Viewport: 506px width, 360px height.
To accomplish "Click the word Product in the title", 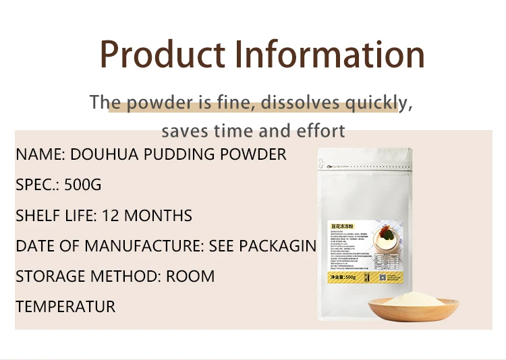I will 163,55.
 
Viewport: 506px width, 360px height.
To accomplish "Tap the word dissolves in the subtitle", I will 300,103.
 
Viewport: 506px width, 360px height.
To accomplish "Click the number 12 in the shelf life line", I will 111,216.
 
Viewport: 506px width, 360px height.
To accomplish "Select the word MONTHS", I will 159,216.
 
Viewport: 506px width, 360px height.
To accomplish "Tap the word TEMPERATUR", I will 65,307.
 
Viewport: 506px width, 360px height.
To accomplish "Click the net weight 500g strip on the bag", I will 342,276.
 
